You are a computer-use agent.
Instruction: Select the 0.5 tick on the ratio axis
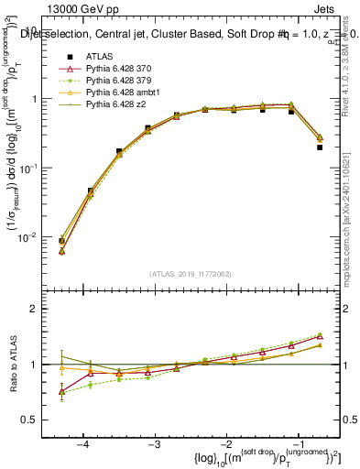point(37,420)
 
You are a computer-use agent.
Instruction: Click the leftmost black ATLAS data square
point(61,241)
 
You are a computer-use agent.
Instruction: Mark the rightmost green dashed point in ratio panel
point(320,334)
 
